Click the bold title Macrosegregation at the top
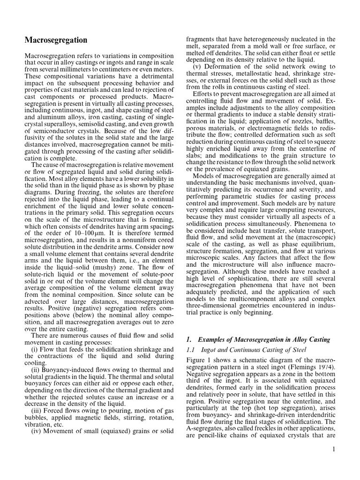coord(56,41)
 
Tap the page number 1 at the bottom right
coord(333,450)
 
